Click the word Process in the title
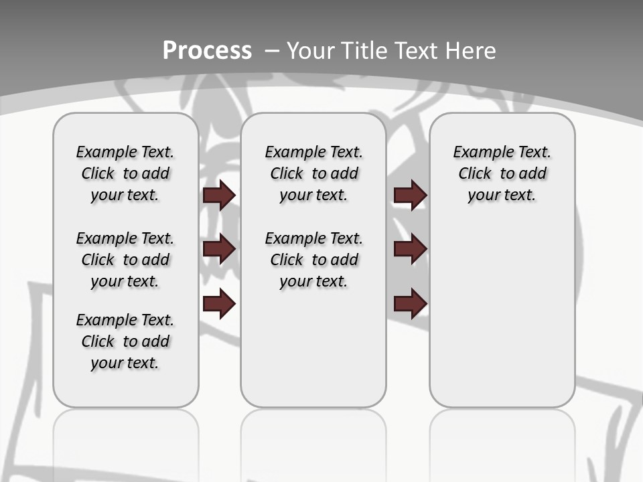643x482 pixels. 207,50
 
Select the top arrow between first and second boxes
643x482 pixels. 219,195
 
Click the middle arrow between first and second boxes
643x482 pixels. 219,249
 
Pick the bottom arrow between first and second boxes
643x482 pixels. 219,304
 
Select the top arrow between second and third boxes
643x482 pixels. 410,195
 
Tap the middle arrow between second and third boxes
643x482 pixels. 410,249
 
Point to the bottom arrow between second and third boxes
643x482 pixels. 410,304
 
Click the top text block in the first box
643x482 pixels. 125,173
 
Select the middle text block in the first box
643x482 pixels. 125,260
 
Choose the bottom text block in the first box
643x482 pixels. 125,341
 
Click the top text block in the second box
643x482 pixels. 313,173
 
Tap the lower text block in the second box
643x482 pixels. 313,260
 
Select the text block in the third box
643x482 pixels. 502,173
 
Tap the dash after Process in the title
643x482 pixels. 271,51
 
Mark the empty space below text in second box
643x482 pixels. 313,348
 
